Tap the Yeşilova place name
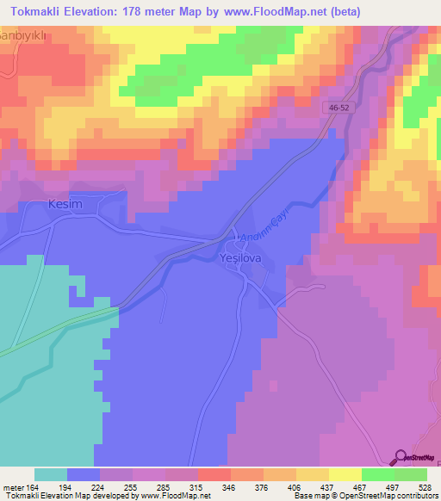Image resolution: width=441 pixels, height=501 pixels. (241, 257)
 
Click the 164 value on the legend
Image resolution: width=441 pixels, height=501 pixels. (34, 488)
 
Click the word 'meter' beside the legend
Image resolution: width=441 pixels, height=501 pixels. (13, 488)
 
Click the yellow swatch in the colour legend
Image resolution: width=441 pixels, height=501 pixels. (345, 474)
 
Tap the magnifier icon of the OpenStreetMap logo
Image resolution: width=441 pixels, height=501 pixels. (400, 458)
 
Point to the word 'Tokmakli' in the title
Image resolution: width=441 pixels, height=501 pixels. (36, 11)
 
